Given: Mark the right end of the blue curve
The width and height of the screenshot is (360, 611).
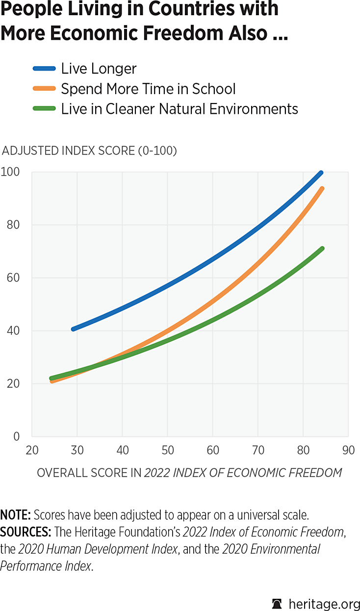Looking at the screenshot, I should click(x=321, y=173).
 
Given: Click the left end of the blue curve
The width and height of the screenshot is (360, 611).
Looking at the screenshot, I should click(x=73, y=329).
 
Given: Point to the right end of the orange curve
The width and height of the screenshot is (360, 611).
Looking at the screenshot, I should click(x=322, y=189).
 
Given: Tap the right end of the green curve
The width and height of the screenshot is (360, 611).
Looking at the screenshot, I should click(x=322, y=249).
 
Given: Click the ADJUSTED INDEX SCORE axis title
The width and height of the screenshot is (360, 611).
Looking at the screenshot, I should click(x=90, y=151).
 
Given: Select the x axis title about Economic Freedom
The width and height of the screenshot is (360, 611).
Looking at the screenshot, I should click(x=189, y=473).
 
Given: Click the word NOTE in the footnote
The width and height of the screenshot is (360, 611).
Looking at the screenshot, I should click(x=15, y=515).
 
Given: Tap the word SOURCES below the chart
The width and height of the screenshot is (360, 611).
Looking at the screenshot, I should click(x=26, y=532).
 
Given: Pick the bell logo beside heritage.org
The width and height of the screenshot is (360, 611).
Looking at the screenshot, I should click(x=277, y=602).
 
